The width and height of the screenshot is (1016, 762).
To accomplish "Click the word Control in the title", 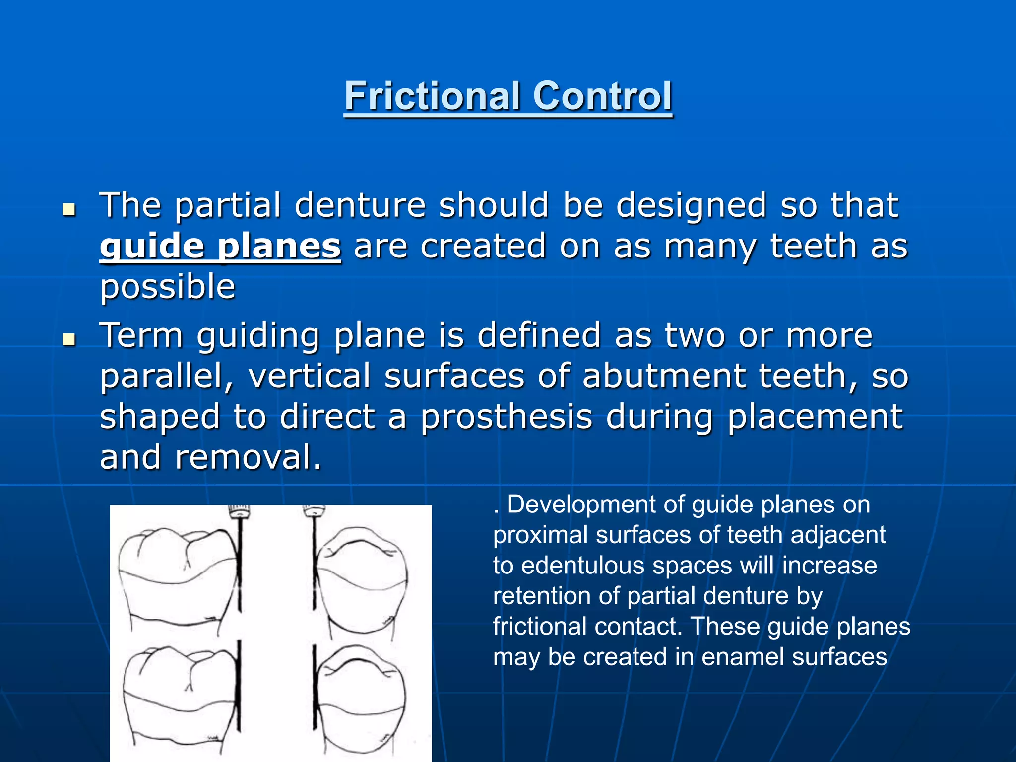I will point(602,96).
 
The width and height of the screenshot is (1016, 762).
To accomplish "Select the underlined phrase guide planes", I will point(220,247).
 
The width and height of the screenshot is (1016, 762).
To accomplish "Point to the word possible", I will point(168,287).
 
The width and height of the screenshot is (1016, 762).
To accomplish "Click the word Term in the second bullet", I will point(142,336).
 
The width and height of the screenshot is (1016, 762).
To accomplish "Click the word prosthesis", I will point(506,417).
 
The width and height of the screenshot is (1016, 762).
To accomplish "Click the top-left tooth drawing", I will point(176,580).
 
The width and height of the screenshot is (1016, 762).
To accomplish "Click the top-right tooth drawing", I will point(362,580).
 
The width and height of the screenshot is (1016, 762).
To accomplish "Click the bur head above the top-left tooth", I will point(239,511).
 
